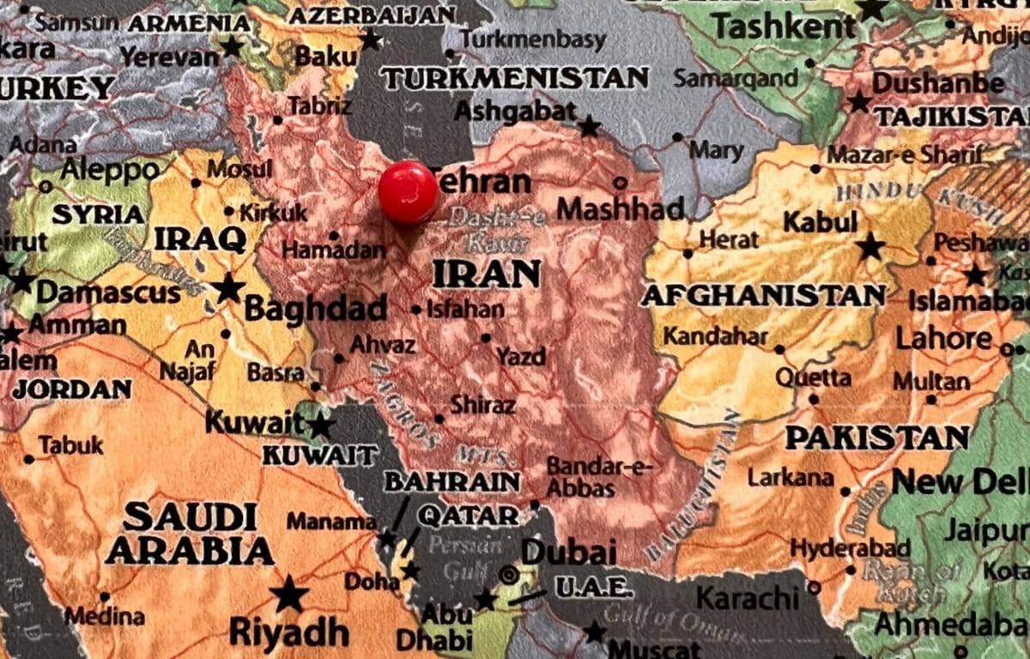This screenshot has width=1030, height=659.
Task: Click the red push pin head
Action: (408, 191)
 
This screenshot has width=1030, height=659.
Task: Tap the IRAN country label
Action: (487, 274)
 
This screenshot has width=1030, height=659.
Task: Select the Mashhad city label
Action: (621, 209)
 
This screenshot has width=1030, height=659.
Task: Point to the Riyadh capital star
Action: (289, 594)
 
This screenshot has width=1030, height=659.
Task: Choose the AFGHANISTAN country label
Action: (763, 296)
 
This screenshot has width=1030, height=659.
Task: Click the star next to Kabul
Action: (870, 247)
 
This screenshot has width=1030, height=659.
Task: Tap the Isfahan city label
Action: (464, 309)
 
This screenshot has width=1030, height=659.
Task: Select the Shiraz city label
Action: (483, 404)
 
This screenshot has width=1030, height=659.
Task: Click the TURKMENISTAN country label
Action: (515, 79)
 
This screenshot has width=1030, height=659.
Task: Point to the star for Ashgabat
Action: (589, 127)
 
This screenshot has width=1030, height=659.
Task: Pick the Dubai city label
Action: (568, 552)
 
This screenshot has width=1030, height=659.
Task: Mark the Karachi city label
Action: (748, 597)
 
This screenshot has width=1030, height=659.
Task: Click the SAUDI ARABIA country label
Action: (190, 533)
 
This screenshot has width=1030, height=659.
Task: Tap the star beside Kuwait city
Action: (320, 425)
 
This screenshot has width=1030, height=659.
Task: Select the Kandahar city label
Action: (715, 336)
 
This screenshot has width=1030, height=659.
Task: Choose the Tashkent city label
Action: (785, 27)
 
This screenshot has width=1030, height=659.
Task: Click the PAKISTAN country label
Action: (877, 438)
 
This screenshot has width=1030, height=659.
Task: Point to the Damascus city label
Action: (108, 293)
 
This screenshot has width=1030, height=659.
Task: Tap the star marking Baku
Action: (371, 39)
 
